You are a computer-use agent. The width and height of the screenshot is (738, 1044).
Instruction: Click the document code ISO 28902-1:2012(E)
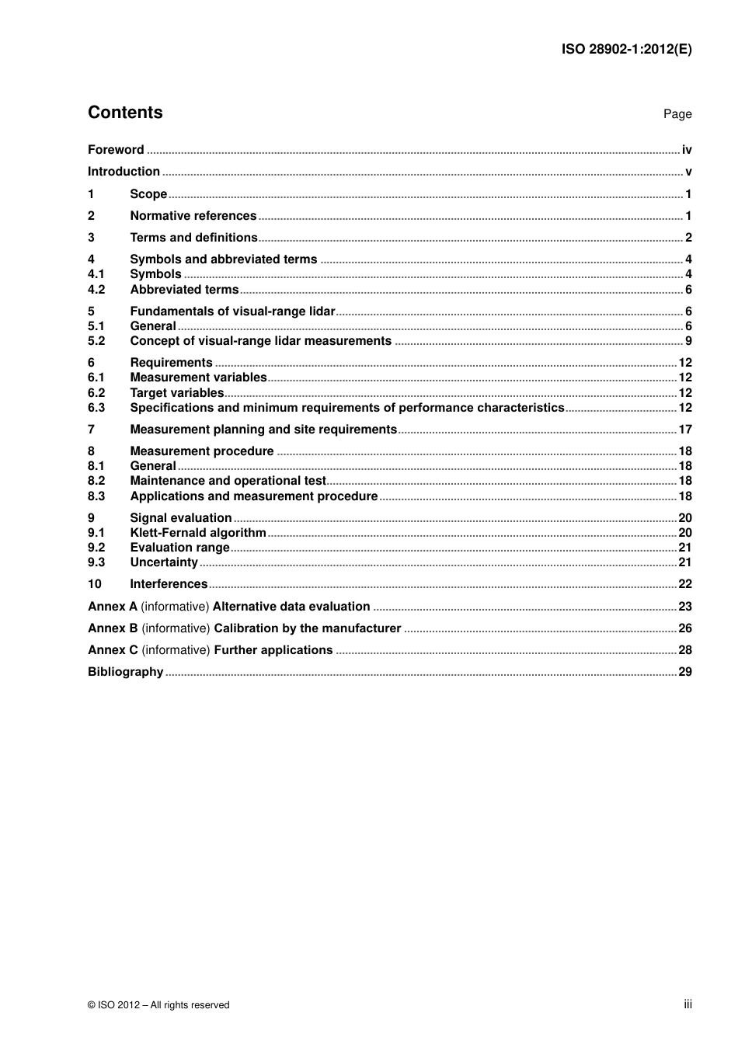pos(626,49)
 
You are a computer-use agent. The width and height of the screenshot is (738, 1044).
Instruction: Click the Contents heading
pos(125,113)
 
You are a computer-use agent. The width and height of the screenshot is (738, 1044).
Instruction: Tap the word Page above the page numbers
pos(677,114)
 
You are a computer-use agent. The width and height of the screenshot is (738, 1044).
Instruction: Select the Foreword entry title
pos(116,150)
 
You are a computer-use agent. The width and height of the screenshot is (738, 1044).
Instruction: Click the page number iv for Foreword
pos(686,150)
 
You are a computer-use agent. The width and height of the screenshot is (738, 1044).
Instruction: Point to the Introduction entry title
pos(124,172)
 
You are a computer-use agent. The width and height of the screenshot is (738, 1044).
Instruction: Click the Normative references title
pos(193,216)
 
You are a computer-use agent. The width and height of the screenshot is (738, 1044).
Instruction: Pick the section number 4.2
pos(96,290)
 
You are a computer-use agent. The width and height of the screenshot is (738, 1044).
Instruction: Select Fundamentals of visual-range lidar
pos(232,311)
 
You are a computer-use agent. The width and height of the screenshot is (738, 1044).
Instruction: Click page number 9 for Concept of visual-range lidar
pos(688,341)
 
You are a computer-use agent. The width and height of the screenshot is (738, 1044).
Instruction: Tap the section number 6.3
pos(96,408)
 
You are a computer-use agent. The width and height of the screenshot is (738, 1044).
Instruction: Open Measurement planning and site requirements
pos(263,430)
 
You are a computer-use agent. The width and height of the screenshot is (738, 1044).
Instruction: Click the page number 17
pos(684,430)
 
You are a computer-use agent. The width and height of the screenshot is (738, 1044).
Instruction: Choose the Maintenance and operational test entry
pos(228,481)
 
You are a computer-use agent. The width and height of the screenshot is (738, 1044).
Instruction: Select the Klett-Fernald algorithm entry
pos(198,533)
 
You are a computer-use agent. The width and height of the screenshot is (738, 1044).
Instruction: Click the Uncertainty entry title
pos(164,562)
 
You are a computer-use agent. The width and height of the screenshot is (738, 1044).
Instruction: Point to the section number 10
pos(95,584)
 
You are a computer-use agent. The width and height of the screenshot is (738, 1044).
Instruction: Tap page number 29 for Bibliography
pos(684,672)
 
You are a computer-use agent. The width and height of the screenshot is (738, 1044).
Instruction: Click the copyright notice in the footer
pos(158,1005)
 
